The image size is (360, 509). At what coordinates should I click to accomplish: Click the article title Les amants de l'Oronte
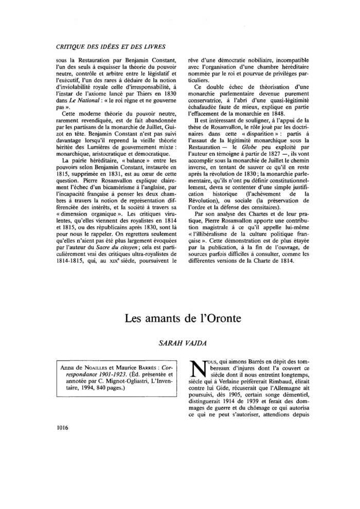pyautogui.click(x=179, y=318)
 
